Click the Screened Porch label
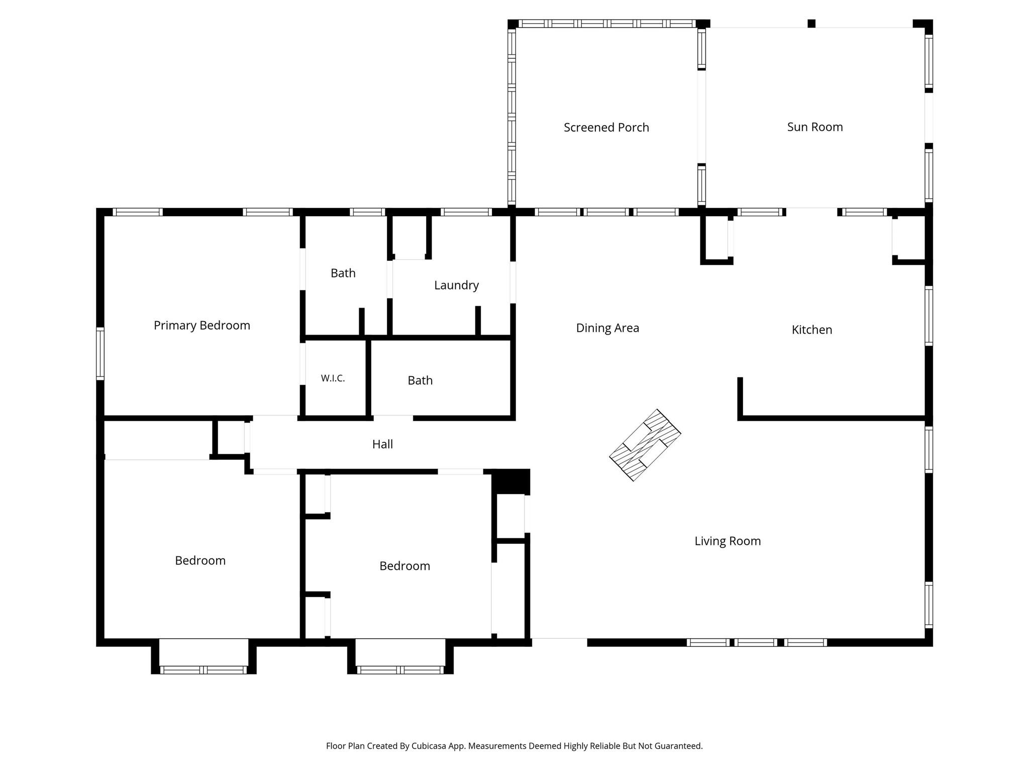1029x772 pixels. [x=606, y=128]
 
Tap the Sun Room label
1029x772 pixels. [x=815, y=127]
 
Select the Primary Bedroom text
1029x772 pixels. [x=202, y=326]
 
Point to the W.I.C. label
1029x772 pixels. [x=333, y=378]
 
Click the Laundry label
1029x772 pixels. [x=456, y=285]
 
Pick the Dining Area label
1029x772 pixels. [x=607, y=328]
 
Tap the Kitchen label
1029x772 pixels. [x=812, y=330]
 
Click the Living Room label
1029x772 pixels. [x=728, y=541]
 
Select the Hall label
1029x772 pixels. [x=382, y=444]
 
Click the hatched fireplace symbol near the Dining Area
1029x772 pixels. [x=645, y=445]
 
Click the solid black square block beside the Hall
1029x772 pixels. [x=510, y=481]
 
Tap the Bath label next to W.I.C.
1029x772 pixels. [x=420, y=380]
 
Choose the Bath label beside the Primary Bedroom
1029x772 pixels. [x=343, y=273]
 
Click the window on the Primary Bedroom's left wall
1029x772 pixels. [x=100, y=353]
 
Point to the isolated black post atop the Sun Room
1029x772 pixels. [x=811, y=24]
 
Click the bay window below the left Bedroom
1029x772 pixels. [x=203, y=669]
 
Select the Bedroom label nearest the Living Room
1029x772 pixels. [x=404, y=566]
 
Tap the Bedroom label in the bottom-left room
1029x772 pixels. [x=200, y=561]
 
